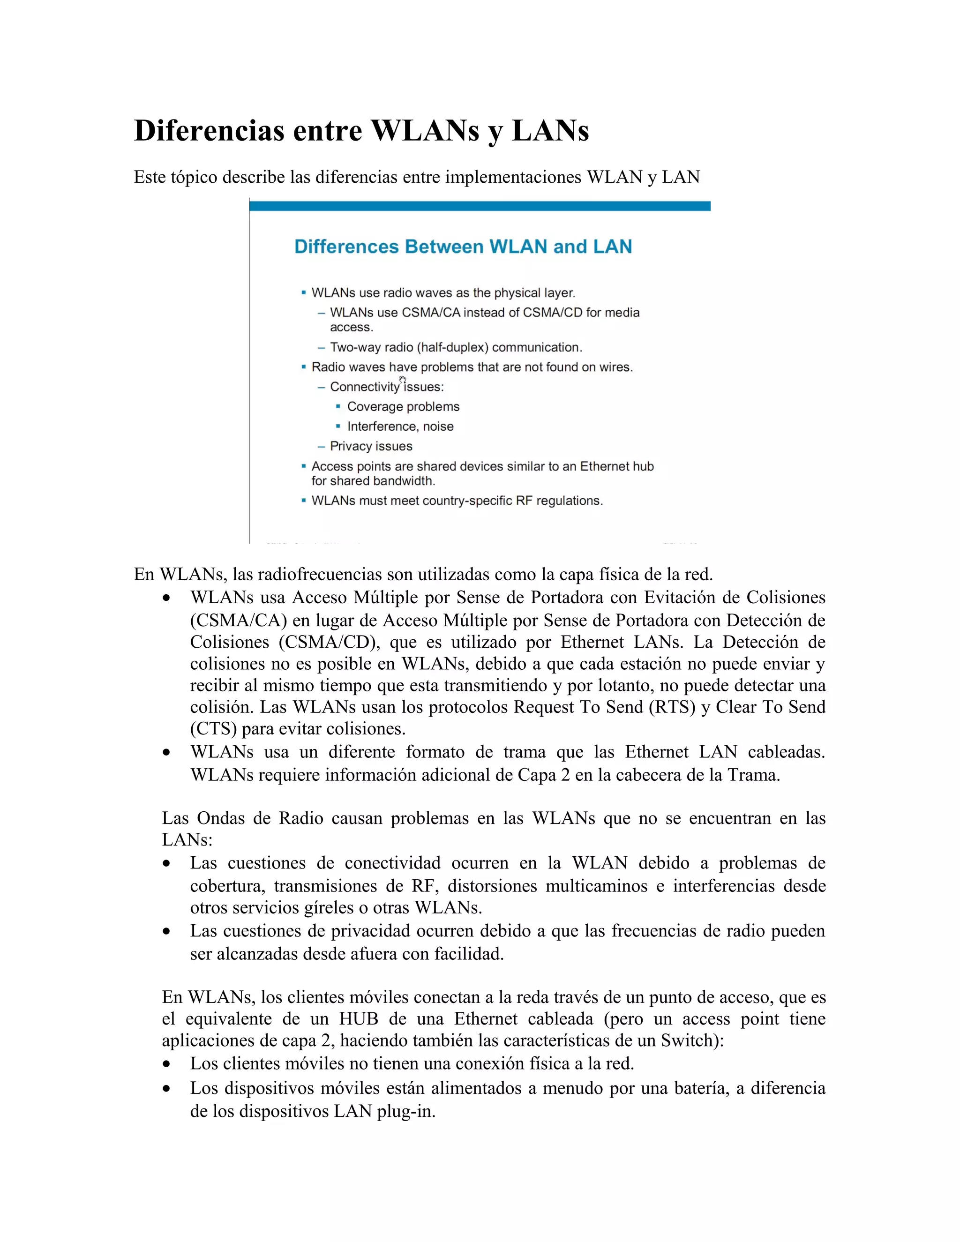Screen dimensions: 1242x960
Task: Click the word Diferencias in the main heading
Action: [209, 130]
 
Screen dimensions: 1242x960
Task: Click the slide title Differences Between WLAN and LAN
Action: [463, 247]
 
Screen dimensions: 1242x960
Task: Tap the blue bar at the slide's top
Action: [480, 206]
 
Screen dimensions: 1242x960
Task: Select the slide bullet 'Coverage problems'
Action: [403, 407]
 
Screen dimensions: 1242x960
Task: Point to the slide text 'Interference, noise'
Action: [400, 426]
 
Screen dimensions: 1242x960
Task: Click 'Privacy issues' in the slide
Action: [371, 446]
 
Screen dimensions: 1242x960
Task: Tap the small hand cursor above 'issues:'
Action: [403, 379]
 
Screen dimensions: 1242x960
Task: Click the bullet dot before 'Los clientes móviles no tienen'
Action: [166, 1064]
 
